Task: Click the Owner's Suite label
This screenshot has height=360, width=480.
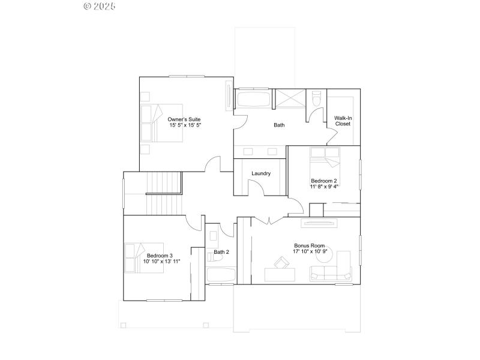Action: [184, 119]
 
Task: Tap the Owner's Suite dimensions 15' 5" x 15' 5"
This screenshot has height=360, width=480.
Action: [184, 126]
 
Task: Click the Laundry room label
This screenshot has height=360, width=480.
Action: [261, 173]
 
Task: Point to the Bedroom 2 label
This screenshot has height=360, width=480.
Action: [323, 181]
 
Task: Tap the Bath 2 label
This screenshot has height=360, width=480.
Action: [221, 252]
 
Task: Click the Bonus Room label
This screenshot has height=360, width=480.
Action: [309, 245]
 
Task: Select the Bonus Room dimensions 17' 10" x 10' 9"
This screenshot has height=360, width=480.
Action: [309, 251]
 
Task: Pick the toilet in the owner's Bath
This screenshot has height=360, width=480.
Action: [317, 100]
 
